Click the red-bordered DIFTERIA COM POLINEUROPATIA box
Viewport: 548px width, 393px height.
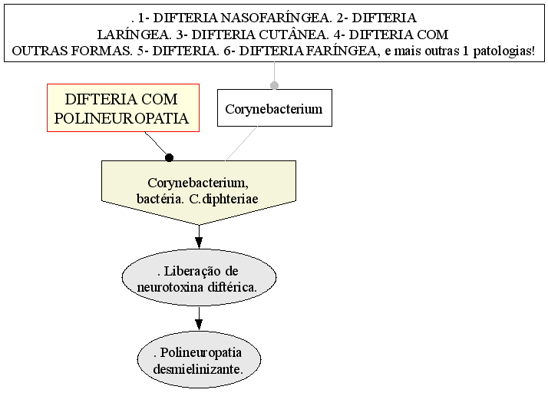[x=123, y=107]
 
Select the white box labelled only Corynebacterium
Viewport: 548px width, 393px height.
[x=275, y=107]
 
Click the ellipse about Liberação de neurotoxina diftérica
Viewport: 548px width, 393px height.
[x=199, y=278]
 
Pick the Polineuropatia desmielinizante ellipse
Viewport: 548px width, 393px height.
[x=199, y=359]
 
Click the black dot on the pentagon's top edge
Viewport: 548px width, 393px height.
[x=169, y=157]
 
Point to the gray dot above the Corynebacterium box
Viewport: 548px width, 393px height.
[x=274, y=85]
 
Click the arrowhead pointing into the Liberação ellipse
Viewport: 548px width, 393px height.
[x=199, y=243]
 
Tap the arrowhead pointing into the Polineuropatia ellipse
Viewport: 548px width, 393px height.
[x=199, y=325]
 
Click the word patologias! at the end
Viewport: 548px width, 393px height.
[x=504, y=51]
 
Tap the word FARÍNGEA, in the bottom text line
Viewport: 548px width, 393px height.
[x=344, y=51]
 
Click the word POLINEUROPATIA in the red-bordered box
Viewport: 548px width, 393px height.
[x=121, y=118]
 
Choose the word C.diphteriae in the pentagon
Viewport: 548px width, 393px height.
[x=223, y=199]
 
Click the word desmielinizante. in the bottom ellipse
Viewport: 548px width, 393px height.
[x=198, y=369]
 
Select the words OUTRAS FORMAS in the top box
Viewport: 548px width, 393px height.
[x=72, y=51]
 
